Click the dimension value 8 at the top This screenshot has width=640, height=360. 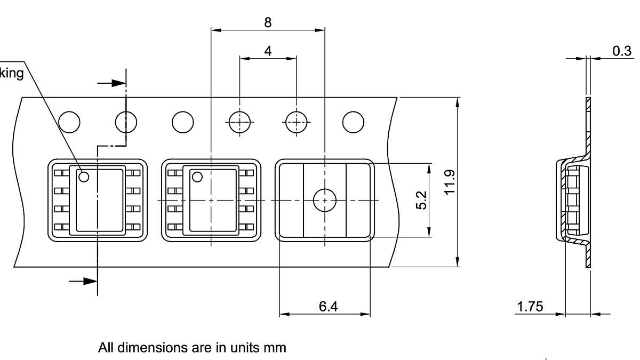click(268, 22)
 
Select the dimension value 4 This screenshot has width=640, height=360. click(268, 51)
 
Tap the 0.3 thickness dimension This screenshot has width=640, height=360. click(622, 51)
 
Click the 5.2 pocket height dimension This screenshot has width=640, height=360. click(421, 200)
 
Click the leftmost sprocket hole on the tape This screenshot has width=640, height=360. click(69, 122)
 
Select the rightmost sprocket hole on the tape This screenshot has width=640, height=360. click(353, 122)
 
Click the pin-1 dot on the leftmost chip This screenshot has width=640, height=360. click(83, 177)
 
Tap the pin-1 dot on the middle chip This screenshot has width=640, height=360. click(197, 177)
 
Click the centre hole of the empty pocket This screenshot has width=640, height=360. click(324, 200)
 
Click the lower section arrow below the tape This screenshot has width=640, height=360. click(84, 281)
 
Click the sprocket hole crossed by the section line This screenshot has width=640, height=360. click(126, 122)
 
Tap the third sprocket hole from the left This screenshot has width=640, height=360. click(183, 122)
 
